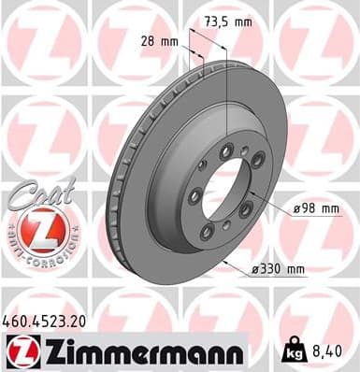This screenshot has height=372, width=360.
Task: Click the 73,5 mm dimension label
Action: coord(228,21)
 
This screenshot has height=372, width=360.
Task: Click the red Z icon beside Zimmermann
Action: coord(21,353)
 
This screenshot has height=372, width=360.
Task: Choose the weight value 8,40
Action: coord(327,353)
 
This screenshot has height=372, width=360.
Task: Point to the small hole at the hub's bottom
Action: coord(227,224)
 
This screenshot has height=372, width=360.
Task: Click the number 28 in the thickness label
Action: coord(146,42)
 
